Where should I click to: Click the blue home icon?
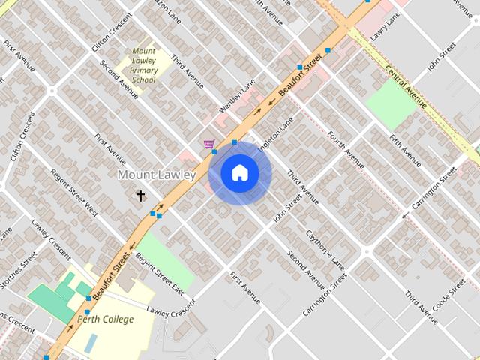(x=239, y=173)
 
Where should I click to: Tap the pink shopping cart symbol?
(x=208, y=144)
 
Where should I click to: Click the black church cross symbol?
(x=140, y=196)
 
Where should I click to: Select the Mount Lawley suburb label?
(x=157, y=175)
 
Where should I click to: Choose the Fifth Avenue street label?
(x=406, y=151)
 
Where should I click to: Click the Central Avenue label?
(x=406, y=86)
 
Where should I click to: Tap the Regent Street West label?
(x=73, y=191)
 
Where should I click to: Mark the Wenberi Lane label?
(x=237, y=96)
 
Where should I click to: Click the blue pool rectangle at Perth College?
(x=91, y=343)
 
